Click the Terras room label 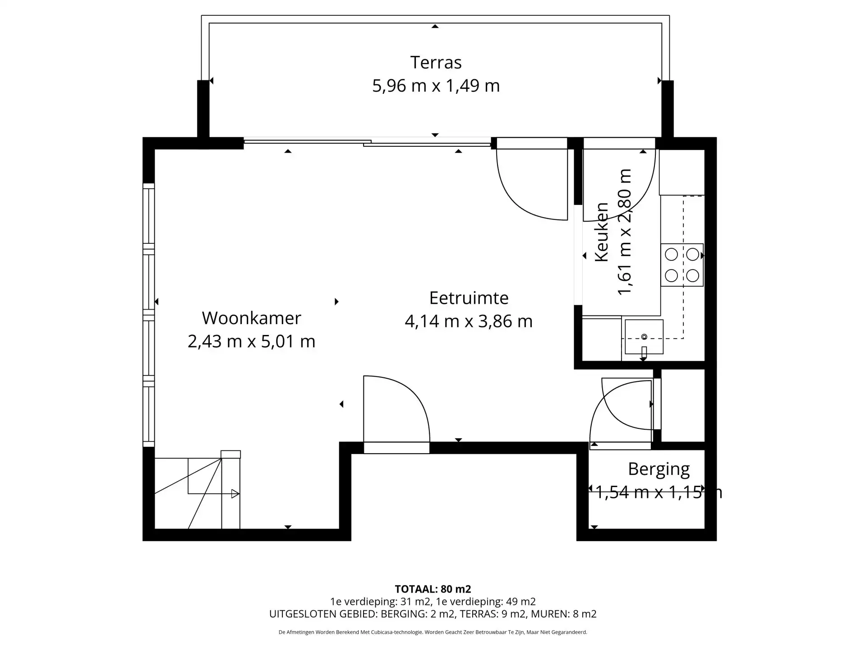click(436, 62)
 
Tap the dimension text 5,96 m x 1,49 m click(436, 86)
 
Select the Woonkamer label click(251, 318)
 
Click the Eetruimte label click(469, 298)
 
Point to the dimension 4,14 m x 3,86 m click(469, 321)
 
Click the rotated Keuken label click(602, 232)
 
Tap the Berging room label click(659, 469)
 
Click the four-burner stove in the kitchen click(682, 265)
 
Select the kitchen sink click(644, 337)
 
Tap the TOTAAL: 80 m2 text click(433, 589)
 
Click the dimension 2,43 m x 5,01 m click(251, 342)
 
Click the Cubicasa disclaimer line click(433, 632)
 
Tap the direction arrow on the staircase click(235, 494)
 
